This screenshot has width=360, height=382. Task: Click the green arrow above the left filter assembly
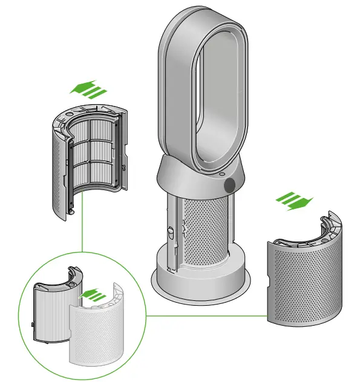click(88, 90)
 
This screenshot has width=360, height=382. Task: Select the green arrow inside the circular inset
click(90, 295)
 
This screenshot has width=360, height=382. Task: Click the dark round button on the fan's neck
click(230, 185)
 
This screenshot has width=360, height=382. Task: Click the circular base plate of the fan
click(200, 285)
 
